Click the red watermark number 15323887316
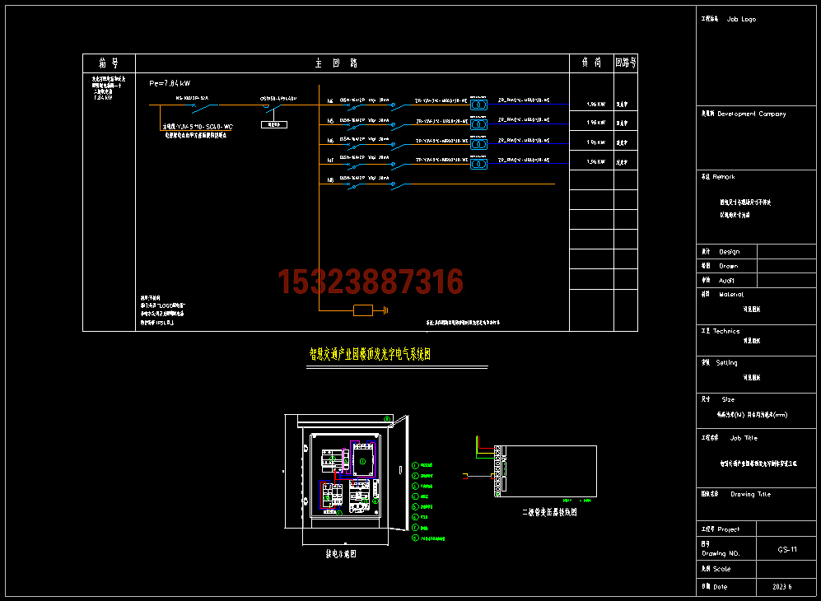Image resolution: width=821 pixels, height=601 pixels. tap(371, 282)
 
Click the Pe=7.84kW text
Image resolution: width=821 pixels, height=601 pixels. tap(170, 83)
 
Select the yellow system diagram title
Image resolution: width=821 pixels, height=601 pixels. tap(370, 354)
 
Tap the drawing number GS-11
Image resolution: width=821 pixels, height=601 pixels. tap(787, 549)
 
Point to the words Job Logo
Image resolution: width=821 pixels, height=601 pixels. tap(741, 19)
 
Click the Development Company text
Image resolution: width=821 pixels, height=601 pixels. tap(752, 114)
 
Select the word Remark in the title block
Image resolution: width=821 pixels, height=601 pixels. tap(724, 177)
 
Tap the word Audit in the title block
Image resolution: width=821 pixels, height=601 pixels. tap(726, 281)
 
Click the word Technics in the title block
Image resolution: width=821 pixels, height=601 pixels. tap(726, 331)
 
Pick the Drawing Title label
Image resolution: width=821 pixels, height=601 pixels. tap(750, 495)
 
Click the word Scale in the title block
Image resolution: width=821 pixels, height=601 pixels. tap(721, 569)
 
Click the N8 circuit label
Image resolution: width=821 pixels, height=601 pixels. tap(330, 179)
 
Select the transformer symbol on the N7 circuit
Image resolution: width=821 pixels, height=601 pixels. tap(478, 164)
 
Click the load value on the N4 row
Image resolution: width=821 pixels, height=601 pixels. tap(596, 105)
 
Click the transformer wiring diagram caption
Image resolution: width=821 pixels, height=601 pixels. tap(550, 511)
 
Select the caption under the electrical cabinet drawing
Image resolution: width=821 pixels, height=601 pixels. tap(341, 554)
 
